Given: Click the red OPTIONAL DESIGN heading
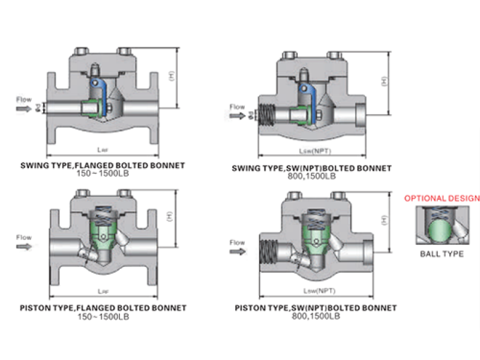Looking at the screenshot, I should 442,198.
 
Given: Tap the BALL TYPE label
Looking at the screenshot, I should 442,254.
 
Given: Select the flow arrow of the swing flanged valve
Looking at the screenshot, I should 24,109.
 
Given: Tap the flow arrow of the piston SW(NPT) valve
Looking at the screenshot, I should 238,252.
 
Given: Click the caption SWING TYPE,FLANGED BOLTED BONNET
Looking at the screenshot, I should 103,165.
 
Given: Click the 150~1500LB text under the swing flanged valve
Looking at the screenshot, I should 103,173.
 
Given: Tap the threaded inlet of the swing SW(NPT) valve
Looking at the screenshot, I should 266,116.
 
